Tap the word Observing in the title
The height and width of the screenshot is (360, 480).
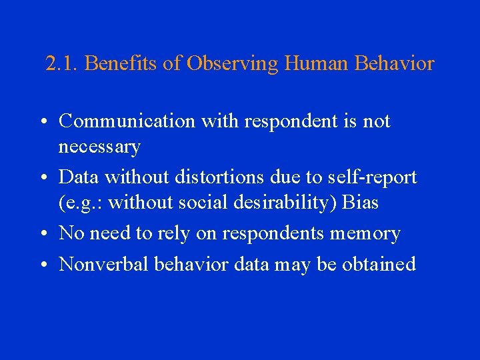click(x=232, y=64)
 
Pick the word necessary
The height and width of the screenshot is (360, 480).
click(x=99, y=147)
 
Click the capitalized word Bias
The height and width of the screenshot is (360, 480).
click(x=360, y=203)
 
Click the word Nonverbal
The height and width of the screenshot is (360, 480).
click(x=104, y=264)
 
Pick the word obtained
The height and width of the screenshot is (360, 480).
click(x=379, y=264)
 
